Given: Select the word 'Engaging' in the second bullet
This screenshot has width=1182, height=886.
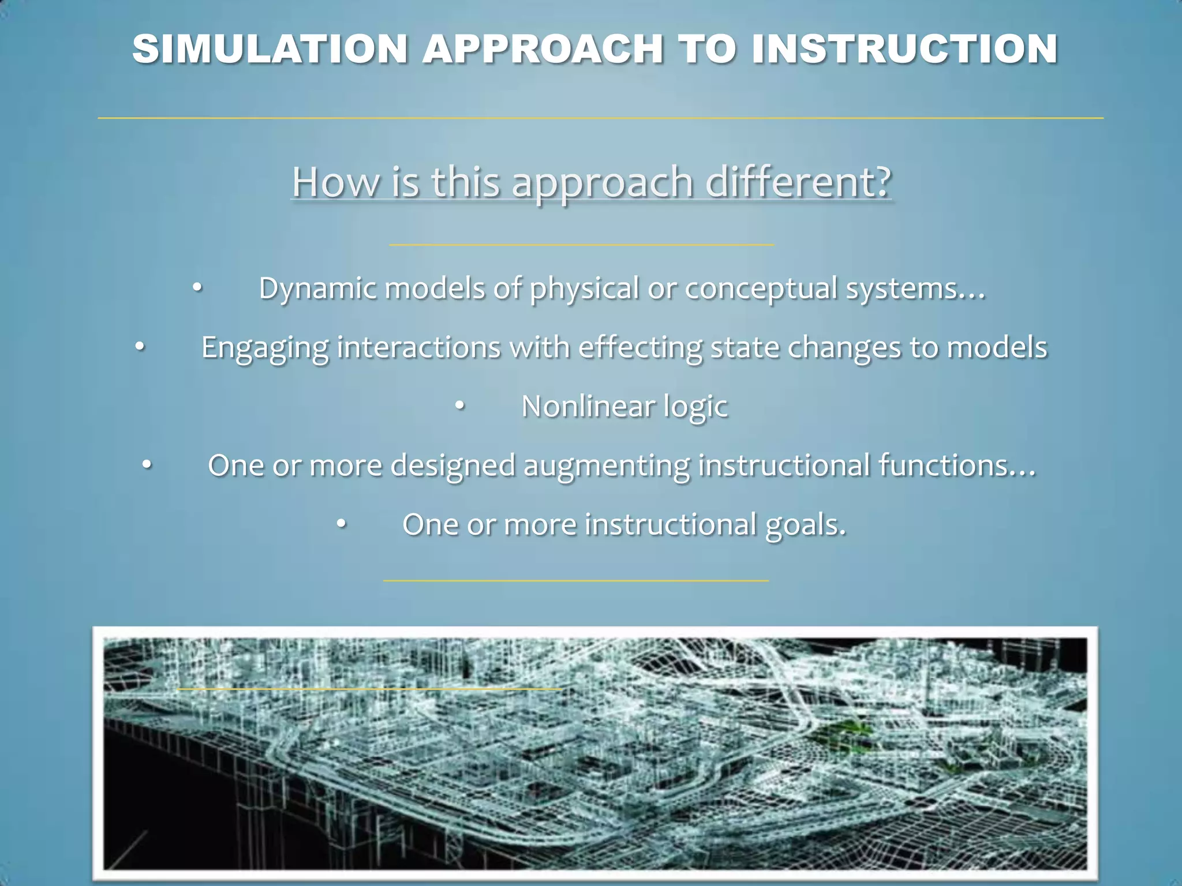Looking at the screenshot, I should pos(265,348).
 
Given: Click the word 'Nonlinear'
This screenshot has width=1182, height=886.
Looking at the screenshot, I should pos(588,407).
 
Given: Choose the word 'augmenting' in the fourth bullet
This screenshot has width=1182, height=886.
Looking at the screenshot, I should pos(607,466).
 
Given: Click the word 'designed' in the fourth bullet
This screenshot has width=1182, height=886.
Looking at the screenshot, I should pos(453,466).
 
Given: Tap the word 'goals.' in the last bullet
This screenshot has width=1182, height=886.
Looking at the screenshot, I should pos(806,525).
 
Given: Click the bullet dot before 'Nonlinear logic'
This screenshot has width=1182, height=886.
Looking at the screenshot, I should pos(459,406).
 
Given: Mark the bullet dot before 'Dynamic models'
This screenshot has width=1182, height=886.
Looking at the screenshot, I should pos(197,287).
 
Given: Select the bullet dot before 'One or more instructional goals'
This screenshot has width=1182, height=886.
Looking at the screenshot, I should pos(342,524).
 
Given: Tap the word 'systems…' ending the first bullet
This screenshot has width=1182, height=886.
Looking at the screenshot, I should pos(915,288).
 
